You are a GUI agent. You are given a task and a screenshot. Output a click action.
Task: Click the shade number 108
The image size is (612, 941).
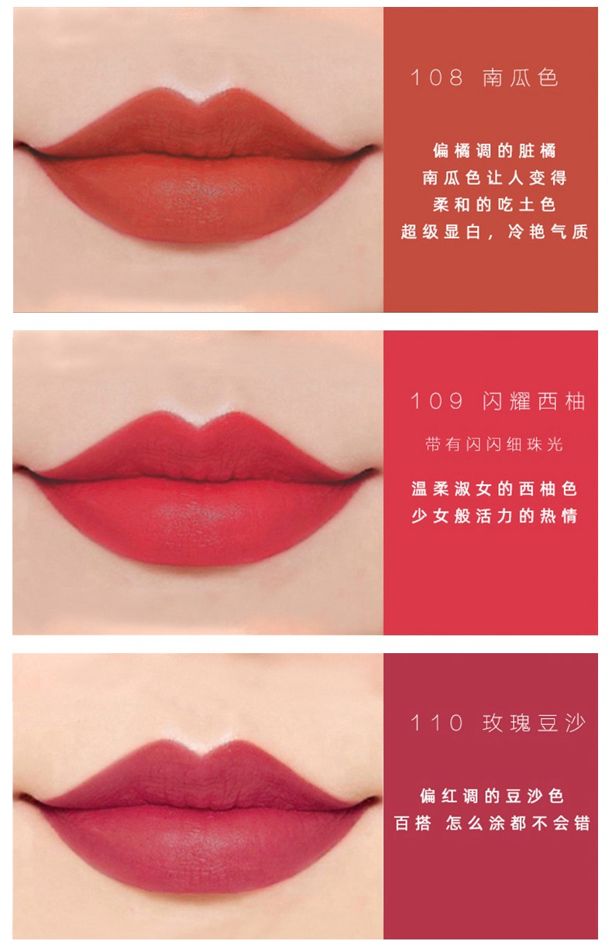(437, 78)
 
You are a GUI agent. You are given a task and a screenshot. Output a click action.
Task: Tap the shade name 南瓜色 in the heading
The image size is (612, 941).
(521, 78)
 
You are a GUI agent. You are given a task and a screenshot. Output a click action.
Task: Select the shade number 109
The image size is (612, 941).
(437, 401)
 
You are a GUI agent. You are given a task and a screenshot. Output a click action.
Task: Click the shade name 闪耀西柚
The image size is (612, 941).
(534, 401)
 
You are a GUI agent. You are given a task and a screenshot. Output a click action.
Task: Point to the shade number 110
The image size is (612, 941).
(437, 724)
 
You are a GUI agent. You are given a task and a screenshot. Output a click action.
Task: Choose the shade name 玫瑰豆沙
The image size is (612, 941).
(534, 724)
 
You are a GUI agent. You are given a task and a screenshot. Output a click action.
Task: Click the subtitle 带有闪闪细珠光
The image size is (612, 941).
(493, 444)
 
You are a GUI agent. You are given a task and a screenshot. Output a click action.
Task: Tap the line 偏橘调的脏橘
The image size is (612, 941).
(494, 151)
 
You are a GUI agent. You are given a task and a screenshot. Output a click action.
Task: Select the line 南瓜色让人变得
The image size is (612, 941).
(494, 178)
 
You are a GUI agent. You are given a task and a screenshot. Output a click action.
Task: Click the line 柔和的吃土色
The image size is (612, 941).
(494, 204)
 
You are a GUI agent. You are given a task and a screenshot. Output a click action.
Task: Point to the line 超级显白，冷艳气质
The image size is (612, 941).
(494, 231)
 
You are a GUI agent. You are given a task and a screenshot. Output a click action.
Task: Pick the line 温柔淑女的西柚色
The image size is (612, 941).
(494, 489)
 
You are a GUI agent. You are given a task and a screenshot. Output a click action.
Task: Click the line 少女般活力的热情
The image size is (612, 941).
(494, 516)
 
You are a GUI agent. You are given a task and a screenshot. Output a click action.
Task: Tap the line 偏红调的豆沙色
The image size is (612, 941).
(492, 796)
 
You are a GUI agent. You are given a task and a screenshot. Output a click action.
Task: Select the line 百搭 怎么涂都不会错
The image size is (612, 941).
(492, 823)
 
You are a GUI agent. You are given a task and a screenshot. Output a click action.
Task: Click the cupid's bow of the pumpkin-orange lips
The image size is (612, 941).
(198, 101)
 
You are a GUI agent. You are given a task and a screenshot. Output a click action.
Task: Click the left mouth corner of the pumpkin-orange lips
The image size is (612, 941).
(20, 145)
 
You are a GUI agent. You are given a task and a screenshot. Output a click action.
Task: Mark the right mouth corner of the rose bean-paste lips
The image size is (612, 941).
(373, 799)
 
